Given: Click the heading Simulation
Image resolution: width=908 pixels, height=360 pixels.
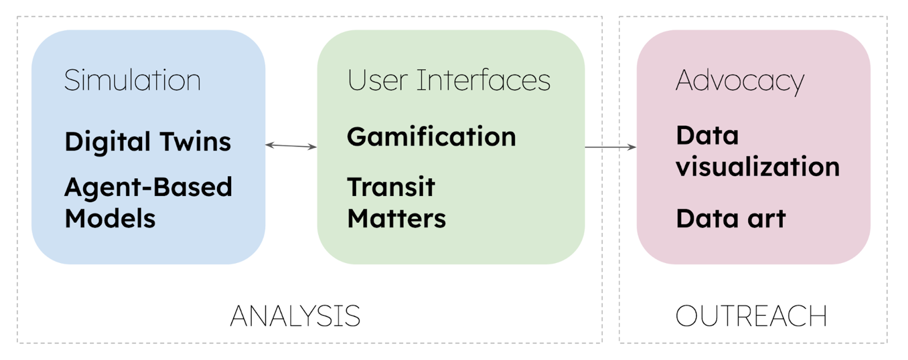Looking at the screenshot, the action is (132, 80).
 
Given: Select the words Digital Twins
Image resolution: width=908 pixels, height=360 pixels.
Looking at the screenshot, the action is (148, 142).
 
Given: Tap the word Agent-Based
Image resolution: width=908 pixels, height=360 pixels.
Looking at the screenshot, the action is (148, 187).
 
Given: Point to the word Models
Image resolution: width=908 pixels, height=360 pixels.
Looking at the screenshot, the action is (110, 218).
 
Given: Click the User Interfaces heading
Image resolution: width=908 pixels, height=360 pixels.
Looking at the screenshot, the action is (449, 80).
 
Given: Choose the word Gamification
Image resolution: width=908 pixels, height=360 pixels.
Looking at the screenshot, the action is (431, 137).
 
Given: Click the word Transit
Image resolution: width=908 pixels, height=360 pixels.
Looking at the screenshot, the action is (391, 187).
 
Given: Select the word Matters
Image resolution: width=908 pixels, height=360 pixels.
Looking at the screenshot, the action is (396, 218).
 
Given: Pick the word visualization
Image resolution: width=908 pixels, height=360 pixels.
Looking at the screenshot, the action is (758, 166).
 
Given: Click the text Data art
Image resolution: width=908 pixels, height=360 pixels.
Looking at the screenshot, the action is (731, 218).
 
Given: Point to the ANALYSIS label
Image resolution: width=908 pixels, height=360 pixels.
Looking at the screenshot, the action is (295, 316).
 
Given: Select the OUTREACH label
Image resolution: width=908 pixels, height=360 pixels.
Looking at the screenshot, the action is (751, 316).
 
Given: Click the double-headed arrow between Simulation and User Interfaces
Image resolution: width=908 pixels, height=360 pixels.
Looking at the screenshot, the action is (291, 146).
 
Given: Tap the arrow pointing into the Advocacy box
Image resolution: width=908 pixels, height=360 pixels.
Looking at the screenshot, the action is (611, 147).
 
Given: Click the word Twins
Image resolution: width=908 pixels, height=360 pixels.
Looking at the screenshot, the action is (195, 142).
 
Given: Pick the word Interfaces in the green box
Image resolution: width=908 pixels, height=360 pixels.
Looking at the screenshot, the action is (484, 80).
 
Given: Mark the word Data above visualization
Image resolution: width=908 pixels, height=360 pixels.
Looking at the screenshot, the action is (707, 135).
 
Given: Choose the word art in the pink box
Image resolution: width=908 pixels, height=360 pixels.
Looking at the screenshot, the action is (767, 219).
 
